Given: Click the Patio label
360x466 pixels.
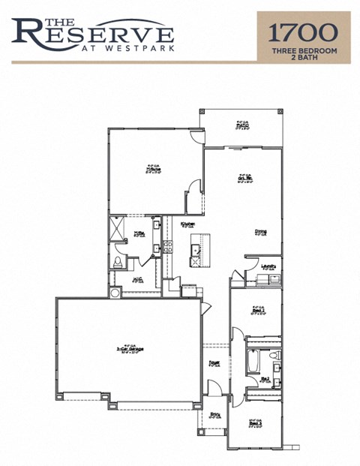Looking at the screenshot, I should (241, 125).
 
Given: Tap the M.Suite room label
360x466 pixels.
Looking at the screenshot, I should (154, 169).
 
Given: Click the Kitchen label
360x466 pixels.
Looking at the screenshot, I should (187, 224).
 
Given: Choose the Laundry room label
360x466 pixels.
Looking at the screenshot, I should (267, 266).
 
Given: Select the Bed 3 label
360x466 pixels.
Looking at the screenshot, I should (255, 423).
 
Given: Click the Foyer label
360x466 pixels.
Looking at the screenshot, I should (214, 364).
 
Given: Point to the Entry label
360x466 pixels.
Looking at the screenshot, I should (214, 415).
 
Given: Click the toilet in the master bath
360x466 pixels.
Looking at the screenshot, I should (118, 263).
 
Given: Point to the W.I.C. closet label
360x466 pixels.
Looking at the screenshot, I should (138, 279).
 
